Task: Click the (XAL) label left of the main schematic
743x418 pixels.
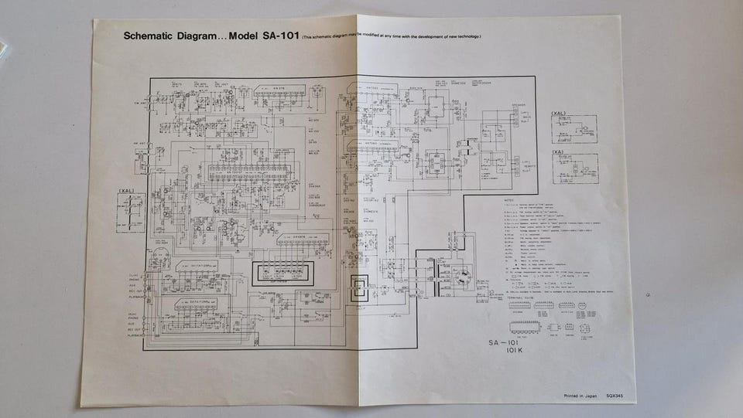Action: pyautogui.click(x=126, y=191)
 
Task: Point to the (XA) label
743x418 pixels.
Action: pyautogui.click(x=558, y=152)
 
